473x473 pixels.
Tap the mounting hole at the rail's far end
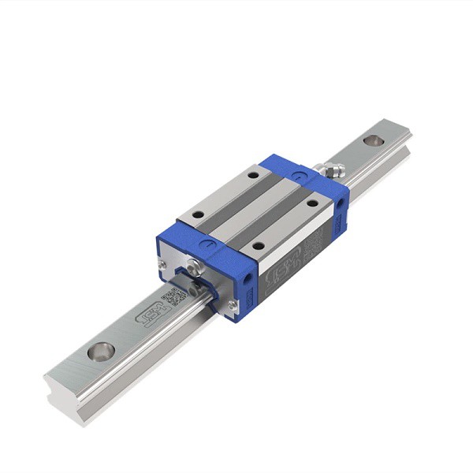tap(374, 141)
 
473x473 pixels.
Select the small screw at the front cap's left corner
tap(161, 265)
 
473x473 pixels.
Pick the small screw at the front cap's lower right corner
tap(232, 305)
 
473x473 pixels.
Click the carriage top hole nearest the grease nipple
tap(312, 203)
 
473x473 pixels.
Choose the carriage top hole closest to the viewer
tap(257, 246)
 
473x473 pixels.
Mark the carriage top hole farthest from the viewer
tap(252, 175)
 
